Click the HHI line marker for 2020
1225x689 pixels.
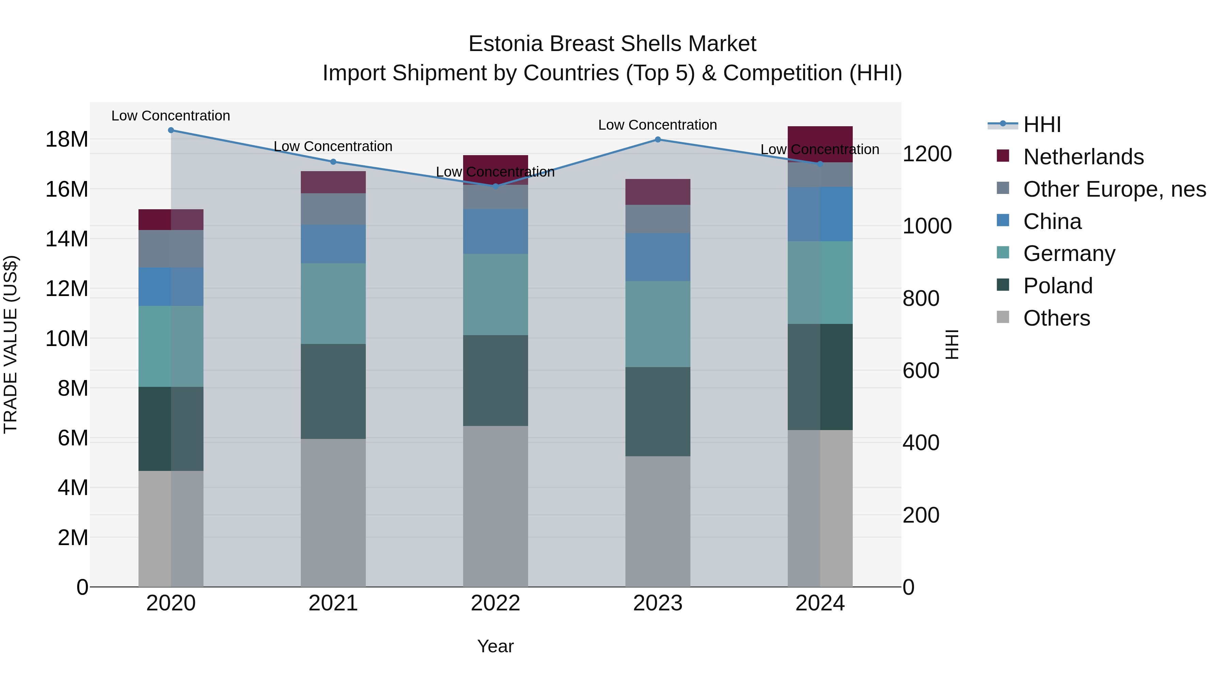[x=171, y=130]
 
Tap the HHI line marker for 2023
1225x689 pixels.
[x=658, y=139]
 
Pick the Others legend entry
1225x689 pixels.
[x=1056, y=318]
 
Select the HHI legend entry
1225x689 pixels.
[x=1042, y=125]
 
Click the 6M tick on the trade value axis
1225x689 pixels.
[x=73, y=438]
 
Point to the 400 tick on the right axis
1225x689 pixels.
[x=921, y=443]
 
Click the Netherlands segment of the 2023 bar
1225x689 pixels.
[x=658, y=192]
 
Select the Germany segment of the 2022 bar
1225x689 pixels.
[x=495, y=294]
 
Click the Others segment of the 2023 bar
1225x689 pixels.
[x=658, y=521]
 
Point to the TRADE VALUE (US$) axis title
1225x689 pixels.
[x=11, y=344]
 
